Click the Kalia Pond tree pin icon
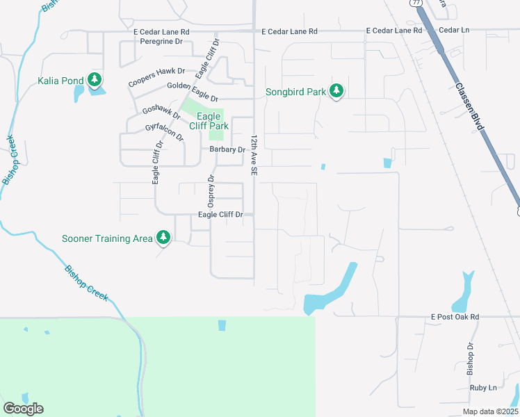(x=95, y=80)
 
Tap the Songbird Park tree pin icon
(x=336, y=91)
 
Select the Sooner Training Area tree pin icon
(x=163, y=238)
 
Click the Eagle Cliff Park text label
(x=209, y=121)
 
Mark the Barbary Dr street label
(x=227, y=149)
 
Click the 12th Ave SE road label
(x=254, y=154)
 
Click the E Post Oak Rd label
(x=455, y=317)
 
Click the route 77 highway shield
(x=416, y=3)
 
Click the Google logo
(x=23, y=409)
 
